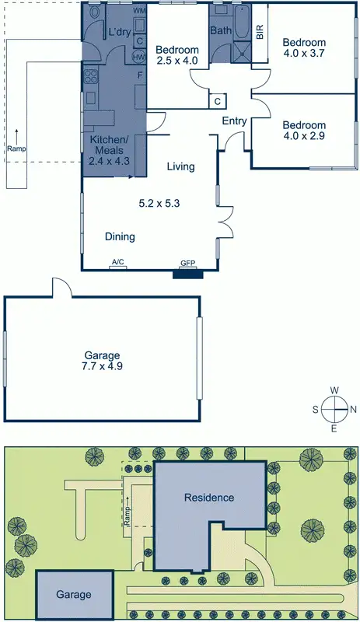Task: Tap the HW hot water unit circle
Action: coord(139,58)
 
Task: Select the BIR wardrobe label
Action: coord(260,32)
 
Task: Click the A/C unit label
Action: coord(118,262)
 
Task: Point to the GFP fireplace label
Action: coord(187,264)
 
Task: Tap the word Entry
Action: coord(234,121)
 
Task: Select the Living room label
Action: coord(180,166)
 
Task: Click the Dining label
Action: coord(121,236)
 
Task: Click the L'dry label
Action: coord(118,32)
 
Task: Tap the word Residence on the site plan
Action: coord(208,498)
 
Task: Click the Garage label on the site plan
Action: coord(73,595)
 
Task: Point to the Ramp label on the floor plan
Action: coord(16,148)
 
